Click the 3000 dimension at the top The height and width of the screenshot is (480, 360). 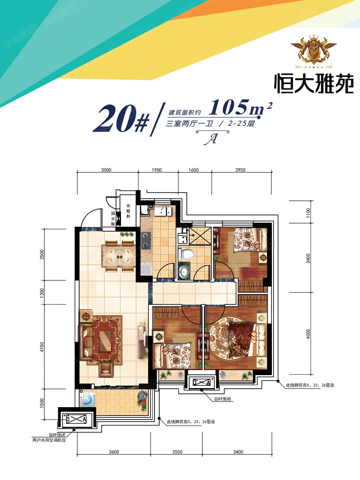point(106,170)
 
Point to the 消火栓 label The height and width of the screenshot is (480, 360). point(113,218)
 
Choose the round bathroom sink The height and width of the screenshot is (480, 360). point(184,272)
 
